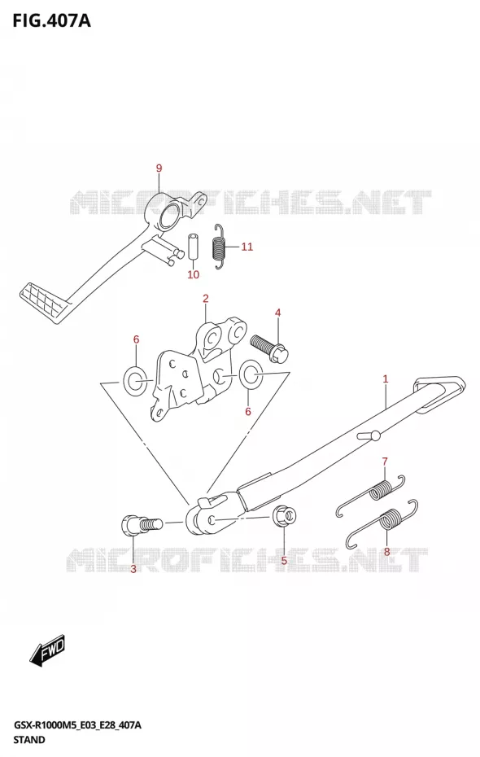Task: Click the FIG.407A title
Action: (51, 20)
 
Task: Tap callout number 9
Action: (159, 168)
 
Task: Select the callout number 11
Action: (247, 247)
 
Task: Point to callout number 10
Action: (193, 274)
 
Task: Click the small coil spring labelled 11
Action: (220, 246)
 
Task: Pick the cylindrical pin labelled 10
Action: (193, 246)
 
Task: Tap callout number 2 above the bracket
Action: (206, 299)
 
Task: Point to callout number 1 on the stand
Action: (386, 379)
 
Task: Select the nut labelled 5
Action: (284, 518)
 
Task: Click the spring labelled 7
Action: (370, 495)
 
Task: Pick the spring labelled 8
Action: (381, 524)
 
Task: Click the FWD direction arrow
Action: (47, 650)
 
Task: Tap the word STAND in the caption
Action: (29, 739)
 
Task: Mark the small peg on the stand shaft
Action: (369, 436)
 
